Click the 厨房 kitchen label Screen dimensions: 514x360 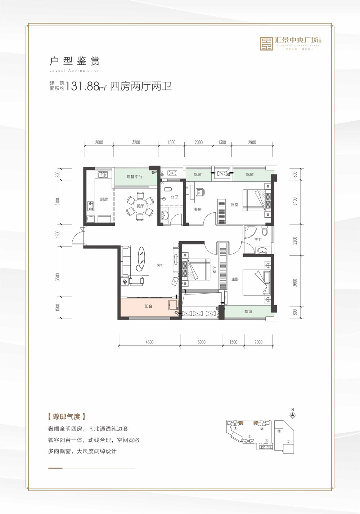pos(104,199)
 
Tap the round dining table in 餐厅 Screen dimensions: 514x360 pos(140,206)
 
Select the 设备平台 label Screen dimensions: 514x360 pos(134,177)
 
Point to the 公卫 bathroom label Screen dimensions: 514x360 pos(174,197)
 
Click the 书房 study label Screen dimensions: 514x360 pos(198,209)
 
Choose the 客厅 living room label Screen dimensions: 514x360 pos(161,265)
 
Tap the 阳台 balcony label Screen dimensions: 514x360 pos(148,306)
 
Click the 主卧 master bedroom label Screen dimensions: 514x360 pos(235,279)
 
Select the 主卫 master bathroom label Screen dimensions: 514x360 pos(258,239)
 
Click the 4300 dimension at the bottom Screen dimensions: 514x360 pos(149,342)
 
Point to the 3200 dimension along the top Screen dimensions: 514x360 pos(136,142)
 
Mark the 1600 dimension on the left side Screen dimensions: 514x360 pos(58,234)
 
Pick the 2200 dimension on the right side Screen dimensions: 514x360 pos(295,240)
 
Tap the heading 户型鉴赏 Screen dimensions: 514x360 pos(75,61)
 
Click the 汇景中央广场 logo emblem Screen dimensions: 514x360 pos(267,44)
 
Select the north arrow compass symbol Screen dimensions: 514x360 pos(293,414)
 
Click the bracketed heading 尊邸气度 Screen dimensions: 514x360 pos(66,417)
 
